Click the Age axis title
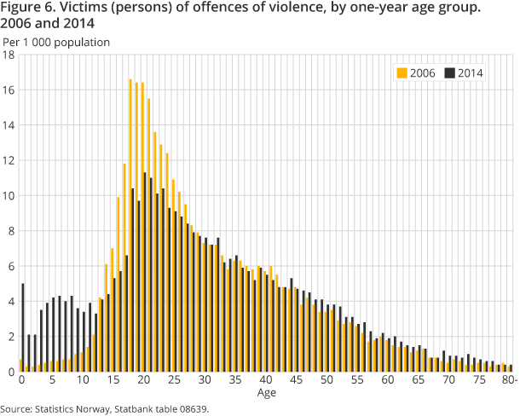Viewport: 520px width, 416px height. pyautogui.click(x=266, y=393)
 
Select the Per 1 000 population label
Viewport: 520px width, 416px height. pyautogui.click(x=56, y=41)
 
